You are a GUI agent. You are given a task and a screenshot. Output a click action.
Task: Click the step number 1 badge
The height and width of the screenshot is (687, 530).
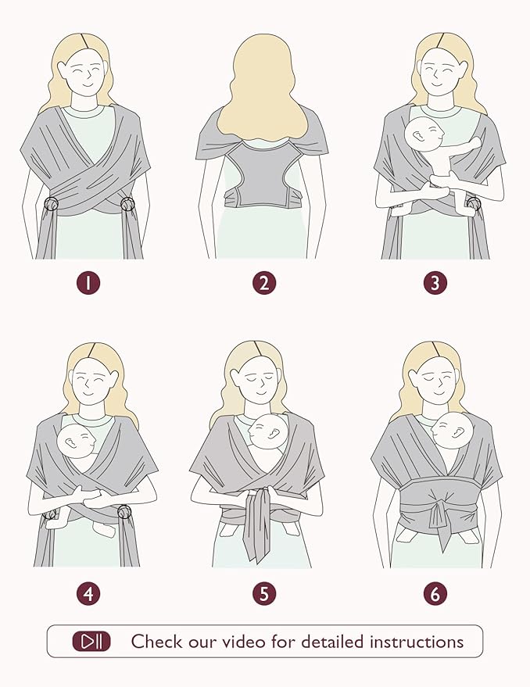88,283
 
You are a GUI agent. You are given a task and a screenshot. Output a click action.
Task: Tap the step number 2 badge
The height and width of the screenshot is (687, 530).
264,283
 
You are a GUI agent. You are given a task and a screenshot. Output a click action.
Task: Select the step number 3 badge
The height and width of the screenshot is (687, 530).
435,283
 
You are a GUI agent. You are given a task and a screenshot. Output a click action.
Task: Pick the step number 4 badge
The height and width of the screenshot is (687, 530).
88,594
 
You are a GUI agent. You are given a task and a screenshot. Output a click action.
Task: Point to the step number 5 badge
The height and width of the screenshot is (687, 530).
264,594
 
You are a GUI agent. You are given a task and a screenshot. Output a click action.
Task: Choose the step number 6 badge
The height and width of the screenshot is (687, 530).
435,594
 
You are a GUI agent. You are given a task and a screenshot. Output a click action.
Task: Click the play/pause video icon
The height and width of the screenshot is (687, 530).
91,642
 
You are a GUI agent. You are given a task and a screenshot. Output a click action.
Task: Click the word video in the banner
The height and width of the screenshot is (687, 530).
243,642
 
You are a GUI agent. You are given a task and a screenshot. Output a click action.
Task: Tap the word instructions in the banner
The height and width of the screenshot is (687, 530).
417,642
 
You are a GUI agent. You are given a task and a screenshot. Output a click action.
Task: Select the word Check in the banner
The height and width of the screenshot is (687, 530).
157,642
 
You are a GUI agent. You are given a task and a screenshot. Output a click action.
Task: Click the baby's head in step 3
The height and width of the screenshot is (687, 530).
424,134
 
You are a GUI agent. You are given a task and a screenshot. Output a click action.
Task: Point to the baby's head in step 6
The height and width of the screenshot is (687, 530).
451,430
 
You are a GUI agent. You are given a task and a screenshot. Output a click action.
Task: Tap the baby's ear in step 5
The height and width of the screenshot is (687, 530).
274,435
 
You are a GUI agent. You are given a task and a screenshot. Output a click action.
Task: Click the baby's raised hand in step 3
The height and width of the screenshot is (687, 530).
474,143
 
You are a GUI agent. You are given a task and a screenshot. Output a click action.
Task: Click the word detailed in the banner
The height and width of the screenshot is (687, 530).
333,642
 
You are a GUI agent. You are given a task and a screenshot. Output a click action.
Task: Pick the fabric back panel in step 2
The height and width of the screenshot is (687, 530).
263,175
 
